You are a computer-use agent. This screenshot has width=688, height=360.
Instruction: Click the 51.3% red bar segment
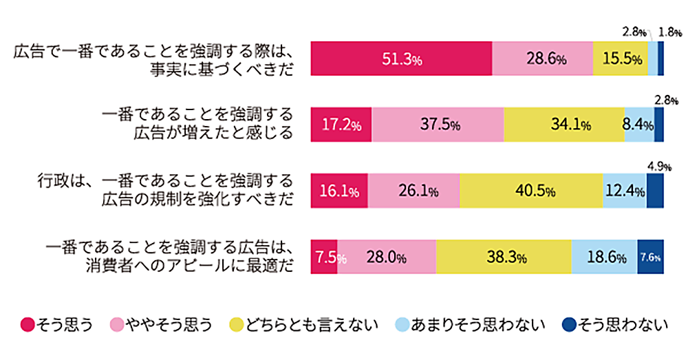(x=401, y=59)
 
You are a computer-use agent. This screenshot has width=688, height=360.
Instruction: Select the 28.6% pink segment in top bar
(x=543, y=59)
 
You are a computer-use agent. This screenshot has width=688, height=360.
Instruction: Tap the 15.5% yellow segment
(x=620, y=59)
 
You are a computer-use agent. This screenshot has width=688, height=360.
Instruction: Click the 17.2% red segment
(x=341, y=125)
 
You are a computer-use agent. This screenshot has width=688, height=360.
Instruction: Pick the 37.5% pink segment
(x=437, y=125)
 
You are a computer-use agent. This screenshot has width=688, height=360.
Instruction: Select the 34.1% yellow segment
(x=563, y=125)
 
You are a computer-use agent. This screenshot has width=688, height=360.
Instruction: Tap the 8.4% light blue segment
(x=639, y=125)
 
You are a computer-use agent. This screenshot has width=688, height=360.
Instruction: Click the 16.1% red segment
(x=339, y=191)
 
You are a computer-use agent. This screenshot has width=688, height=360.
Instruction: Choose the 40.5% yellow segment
(x=530, y=191)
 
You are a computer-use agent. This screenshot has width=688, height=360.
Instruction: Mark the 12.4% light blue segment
(x=624, y=191)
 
